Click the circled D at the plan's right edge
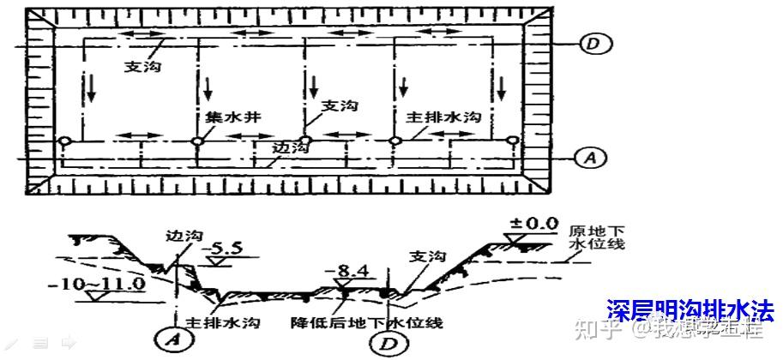click(592, 44)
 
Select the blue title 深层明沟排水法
click(690, 309)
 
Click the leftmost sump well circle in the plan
click(64, 141)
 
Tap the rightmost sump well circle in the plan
click(512, 141)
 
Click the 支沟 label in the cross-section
click(426, 256)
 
